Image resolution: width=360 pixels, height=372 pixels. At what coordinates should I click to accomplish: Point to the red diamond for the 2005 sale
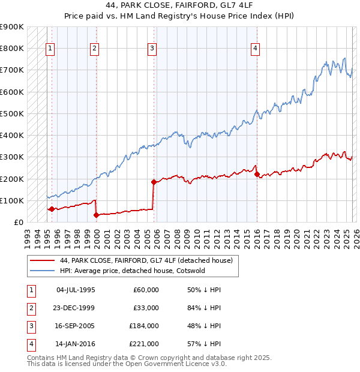point(154,182)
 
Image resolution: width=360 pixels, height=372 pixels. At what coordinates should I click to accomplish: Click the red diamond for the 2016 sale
point(257,174)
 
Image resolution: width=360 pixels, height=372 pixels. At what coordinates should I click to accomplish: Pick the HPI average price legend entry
point(132,270)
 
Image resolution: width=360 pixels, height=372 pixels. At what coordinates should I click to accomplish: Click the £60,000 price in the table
point(146,290)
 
